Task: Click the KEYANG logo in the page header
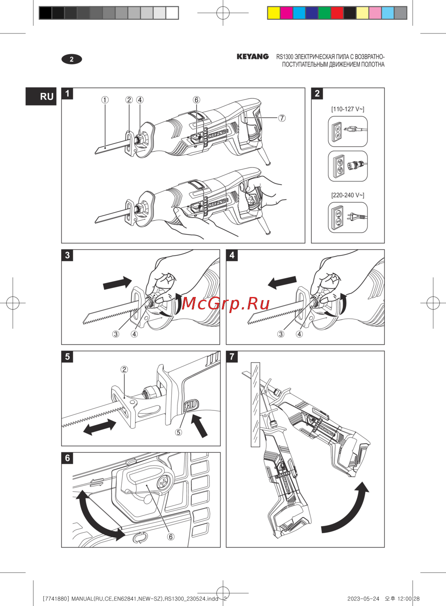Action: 252,57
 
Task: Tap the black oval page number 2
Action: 72,59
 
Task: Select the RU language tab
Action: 41,96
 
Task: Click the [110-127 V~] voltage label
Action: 348,109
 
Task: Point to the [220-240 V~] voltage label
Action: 348,195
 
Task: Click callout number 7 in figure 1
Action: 282,118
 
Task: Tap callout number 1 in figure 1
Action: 105,100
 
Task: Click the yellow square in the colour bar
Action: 274,13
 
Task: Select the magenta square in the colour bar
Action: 286,13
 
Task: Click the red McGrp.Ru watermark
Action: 226,303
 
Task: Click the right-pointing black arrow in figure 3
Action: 117,283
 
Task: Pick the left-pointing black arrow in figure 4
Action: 282,283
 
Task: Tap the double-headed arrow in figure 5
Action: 99,427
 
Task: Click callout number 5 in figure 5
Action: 178,432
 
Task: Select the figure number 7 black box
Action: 232,356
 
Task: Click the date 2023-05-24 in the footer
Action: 363,599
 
